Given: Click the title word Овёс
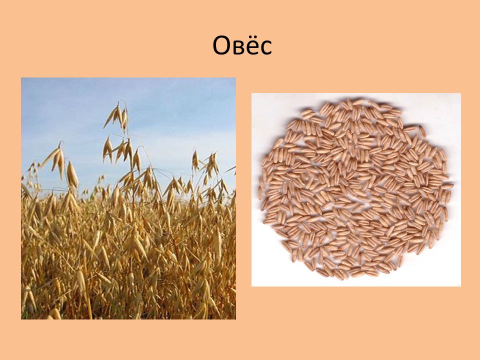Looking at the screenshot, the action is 242,45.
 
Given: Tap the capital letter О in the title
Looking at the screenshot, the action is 221,45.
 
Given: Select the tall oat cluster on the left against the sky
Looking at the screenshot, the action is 55,159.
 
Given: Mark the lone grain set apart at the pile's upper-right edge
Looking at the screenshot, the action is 422,131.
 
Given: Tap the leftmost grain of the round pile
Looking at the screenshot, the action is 260,193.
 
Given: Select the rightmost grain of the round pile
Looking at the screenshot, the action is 447,186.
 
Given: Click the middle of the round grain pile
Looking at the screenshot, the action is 355,188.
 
